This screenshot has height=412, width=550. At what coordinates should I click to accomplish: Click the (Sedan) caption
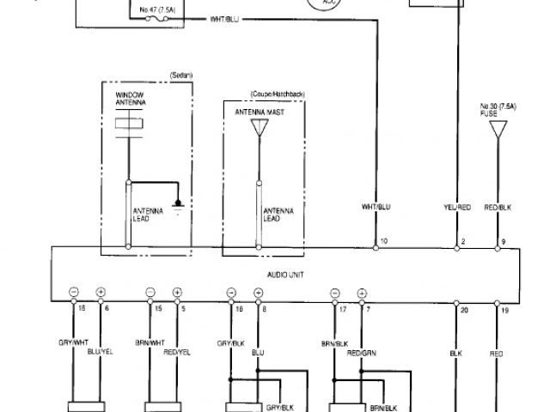pyautogui.click(x=180, y=76)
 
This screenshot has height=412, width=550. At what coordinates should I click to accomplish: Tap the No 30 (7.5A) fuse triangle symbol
pyautogui.click(x=496, y=130)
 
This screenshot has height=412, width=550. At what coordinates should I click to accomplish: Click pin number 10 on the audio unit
pyautogui.click(x=383, y=242)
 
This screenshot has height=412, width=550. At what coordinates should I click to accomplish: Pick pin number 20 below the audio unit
pyautogui.click(x=463, y=308)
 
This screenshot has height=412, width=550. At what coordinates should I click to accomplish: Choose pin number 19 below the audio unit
pyautogui.click(x=505, y=308)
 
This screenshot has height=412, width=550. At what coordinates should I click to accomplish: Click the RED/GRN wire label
pyautogui.click(x=361, y=351)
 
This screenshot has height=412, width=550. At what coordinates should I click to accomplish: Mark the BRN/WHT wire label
pyautogui.click(x=150, y=342)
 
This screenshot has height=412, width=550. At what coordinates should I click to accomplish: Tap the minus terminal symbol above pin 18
pyautogui.click(x=74, y=293)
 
